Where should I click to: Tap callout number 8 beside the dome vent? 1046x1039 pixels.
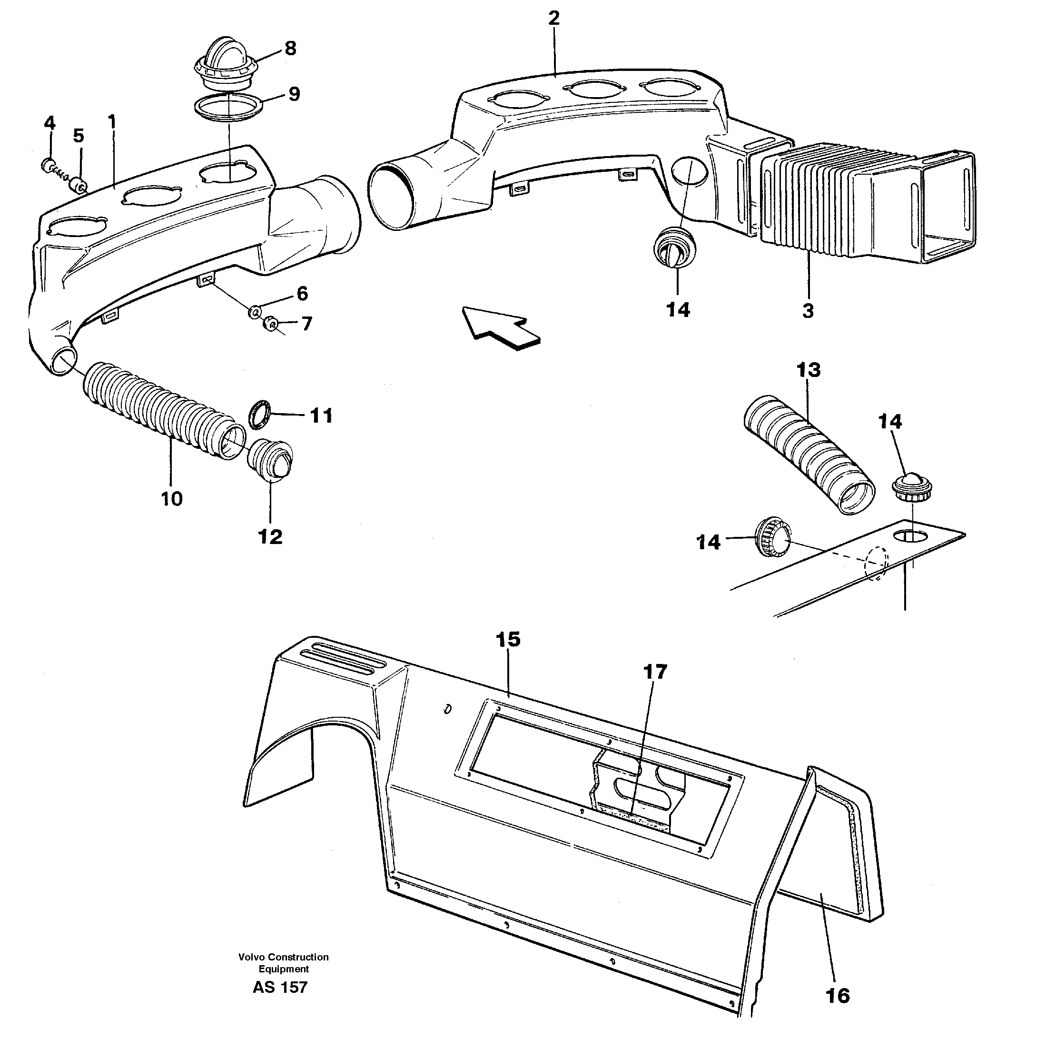(x=290, y=49)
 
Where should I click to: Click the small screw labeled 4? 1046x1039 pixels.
(x=48, y=165)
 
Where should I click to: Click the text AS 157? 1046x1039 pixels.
(x=280, y=987)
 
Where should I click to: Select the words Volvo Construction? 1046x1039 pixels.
(x=283, y=957)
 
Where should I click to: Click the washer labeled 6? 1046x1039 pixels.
(x=254, y=312)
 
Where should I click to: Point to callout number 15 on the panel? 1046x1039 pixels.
(x=508, y=639)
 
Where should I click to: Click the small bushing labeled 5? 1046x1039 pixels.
(x=79, y=186)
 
